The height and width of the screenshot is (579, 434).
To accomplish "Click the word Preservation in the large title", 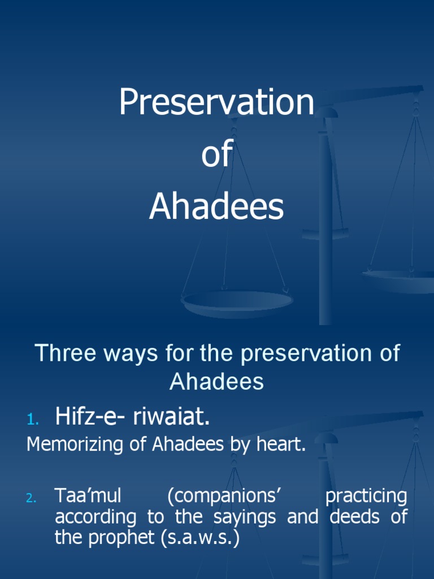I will point(216,103).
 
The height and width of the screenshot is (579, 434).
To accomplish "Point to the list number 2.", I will point(31,498).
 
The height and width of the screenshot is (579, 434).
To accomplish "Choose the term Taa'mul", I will point(88,496).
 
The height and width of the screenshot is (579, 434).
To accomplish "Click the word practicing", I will point(366,496).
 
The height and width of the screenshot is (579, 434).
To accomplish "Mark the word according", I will point(96,517).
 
